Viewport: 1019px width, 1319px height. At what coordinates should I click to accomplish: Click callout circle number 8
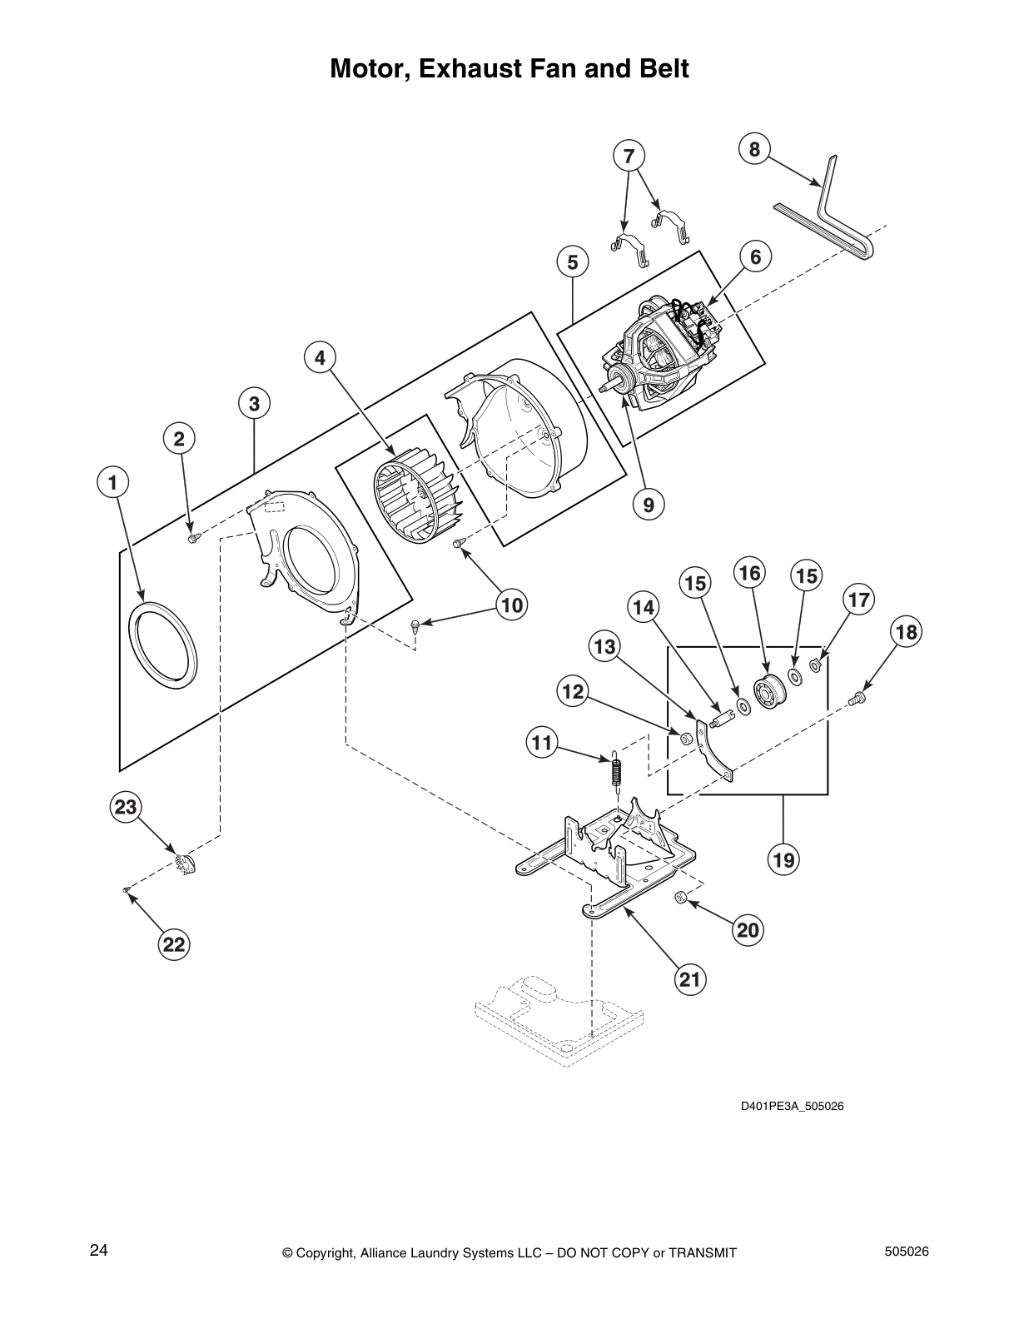(754, 149)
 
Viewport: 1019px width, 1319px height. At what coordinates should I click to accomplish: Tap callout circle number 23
(126, 807)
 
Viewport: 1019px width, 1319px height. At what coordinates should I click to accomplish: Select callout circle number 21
(690, 978)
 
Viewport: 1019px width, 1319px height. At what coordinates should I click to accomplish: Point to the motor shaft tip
(603, 387)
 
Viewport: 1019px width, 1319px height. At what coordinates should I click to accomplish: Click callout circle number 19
(783, 859)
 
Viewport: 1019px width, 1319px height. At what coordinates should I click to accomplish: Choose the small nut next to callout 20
(679, 896)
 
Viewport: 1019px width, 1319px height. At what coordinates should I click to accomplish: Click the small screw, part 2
(193, 539)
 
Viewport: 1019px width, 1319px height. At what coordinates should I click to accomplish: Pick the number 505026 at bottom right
(907, 1251)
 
